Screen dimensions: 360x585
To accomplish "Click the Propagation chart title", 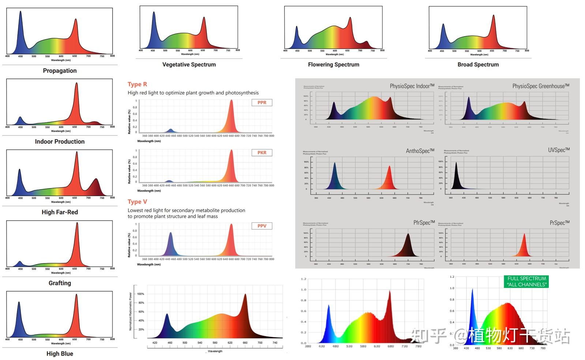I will pos(60,71).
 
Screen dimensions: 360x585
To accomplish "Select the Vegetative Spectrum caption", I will pos(189,64).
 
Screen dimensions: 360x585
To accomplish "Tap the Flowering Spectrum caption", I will pos(333,64).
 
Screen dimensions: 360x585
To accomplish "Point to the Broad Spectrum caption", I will pos(478,64).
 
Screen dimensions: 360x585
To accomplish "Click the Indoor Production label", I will pos(60,142).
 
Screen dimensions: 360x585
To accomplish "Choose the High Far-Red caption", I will pos(60,212).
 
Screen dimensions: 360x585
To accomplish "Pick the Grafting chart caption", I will pos(60,283).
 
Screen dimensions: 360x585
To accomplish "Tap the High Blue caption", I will pos(60,353).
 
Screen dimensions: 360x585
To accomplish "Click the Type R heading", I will pos(137,84).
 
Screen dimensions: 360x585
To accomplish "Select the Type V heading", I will pos(137,202).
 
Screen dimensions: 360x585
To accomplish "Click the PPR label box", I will pos(262,102).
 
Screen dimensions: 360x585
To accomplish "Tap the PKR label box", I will pos(262,153).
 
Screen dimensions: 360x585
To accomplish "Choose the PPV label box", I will pos(262,226).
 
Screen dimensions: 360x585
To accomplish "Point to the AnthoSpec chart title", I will pos(420,151).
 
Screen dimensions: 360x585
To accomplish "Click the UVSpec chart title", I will pos(559,150).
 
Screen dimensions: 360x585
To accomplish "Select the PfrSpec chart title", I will pos(424,222).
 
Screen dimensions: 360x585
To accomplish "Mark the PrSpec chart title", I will pos(559,222).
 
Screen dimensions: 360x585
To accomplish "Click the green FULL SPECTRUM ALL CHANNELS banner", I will pos(527,281).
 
